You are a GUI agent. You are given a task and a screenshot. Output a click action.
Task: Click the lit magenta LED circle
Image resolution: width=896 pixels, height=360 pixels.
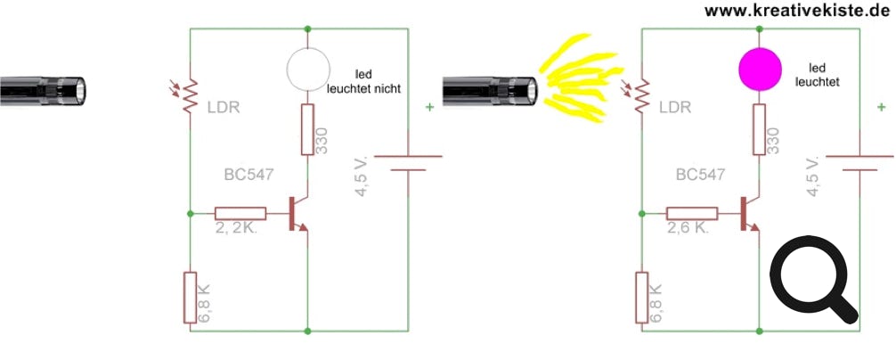coord(760,69)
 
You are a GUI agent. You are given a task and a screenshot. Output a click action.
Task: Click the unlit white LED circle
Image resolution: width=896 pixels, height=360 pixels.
coord(308,69)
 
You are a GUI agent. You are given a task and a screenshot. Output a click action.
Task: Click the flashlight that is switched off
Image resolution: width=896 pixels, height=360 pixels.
coord(43,90)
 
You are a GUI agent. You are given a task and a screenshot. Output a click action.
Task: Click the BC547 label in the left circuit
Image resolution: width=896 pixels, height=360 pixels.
coord(249,176)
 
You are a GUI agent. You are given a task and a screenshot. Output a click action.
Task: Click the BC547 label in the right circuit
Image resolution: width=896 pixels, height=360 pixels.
coord(701,176)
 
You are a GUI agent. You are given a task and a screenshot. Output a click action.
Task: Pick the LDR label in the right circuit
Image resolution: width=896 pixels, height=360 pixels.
coord(674,107)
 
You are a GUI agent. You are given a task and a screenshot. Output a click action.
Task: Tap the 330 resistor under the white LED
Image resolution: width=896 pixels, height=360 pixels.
coord(308,130)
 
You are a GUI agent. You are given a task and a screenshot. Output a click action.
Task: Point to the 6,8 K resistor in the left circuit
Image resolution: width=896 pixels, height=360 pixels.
coord(191,298)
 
